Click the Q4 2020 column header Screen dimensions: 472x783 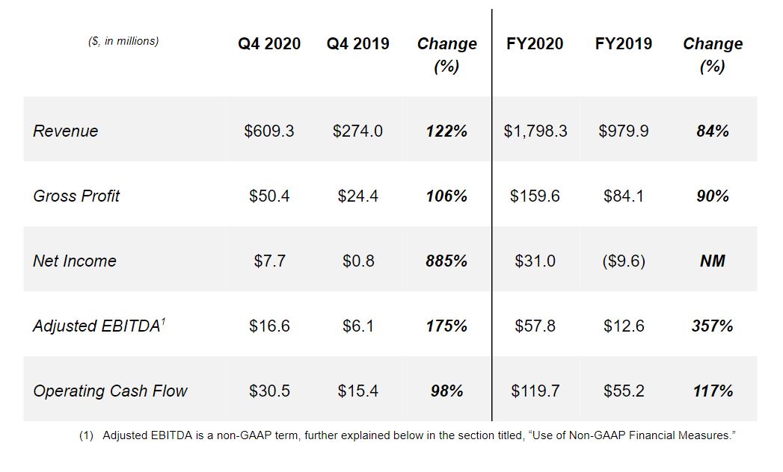click(x=269, y=44)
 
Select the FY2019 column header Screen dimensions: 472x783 click(x=623, y=44)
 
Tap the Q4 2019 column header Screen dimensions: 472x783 click(x=357, y=44)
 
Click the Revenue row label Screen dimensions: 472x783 click(x=66, y=131)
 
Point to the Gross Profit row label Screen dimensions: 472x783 click(x=76, y=196)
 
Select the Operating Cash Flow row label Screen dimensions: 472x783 click(x=110, y=391)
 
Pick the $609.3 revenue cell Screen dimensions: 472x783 click(x=269, y=131)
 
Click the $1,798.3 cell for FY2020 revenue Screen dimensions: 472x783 click(x=535, y=131)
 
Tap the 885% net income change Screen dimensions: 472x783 click(x=446, y=261)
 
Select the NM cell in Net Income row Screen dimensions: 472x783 click(x=713, y=261)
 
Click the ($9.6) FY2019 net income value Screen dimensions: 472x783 click(x=623, y=261)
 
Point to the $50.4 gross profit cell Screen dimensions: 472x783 click(x=269, y=196)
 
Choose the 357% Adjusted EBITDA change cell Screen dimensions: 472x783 click(x=713, y=326)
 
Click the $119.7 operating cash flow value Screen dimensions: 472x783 click(x=535, y=391)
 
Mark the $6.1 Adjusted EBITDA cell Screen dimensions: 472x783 click(x=357, y=326)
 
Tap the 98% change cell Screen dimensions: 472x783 click(x=446, y=391)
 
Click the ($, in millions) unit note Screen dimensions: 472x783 click(x=123, y=41)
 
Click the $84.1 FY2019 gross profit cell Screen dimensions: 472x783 click(x=623, y=196)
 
